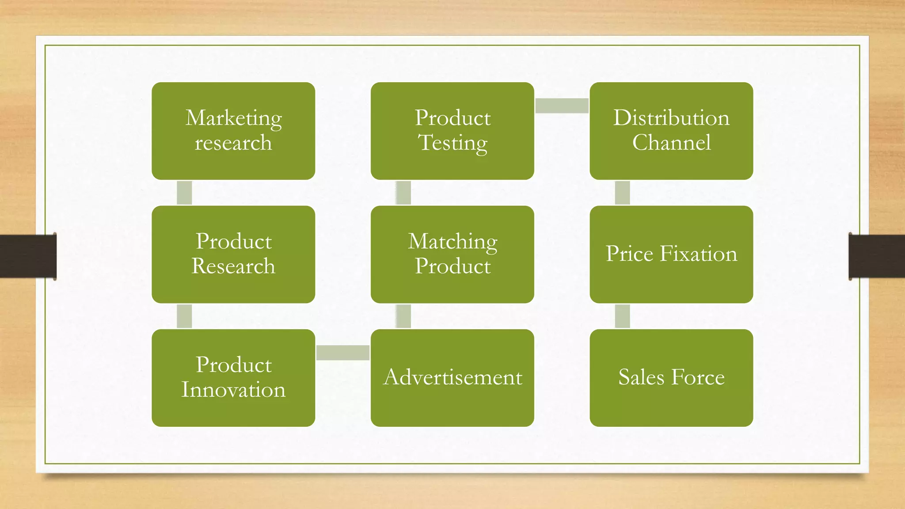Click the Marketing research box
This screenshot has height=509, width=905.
pyautogui.click(x=233, y=131)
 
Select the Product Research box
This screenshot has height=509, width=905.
pyautogui.click(x=233, y=254)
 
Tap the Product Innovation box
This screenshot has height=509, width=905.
pyautogui.click(x=233, y=378)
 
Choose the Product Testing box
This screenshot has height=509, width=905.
pyautogui.click(x=452, y=131)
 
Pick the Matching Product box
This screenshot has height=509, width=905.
pyautogui.click(x=452, y=254)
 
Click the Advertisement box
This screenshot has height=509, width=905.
pyautogui.click(x=452, y=378)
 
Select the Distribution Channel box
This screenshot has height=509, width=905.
pyautogui.click(x=671, y=131)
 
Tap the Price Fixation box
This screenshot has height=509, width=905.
pyautogui.click(x=671, y=254)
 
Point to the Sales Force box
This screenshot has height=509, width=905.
pyautogui.click(x=671, y=378)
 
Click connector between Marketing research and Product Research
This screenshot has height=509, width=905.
pyautogui.click(x=184, y=193)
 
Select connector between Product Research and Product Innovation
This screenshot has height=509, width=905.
pyautogui.click(x=184, y=316)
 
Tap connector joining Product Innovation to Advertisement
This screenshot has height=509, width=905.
pyautogui.click(x=343, y=353)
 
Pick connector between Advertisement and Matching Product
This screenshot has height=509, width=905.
pyautogui.click(x=403, y=316)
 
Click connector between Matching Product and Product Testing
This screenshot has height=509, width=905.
pyautogui.click(x=403, y=193)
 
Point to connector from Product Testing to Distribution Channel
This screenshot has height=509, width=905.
pyautogui.click(x=562, y=106)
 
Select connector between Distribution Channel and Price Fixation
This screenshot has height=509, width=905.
pyautogui.click(x=622, y=193)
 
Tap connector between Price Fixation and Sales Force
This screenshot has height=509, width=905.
pyautogui.click(x=622, y=316)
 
